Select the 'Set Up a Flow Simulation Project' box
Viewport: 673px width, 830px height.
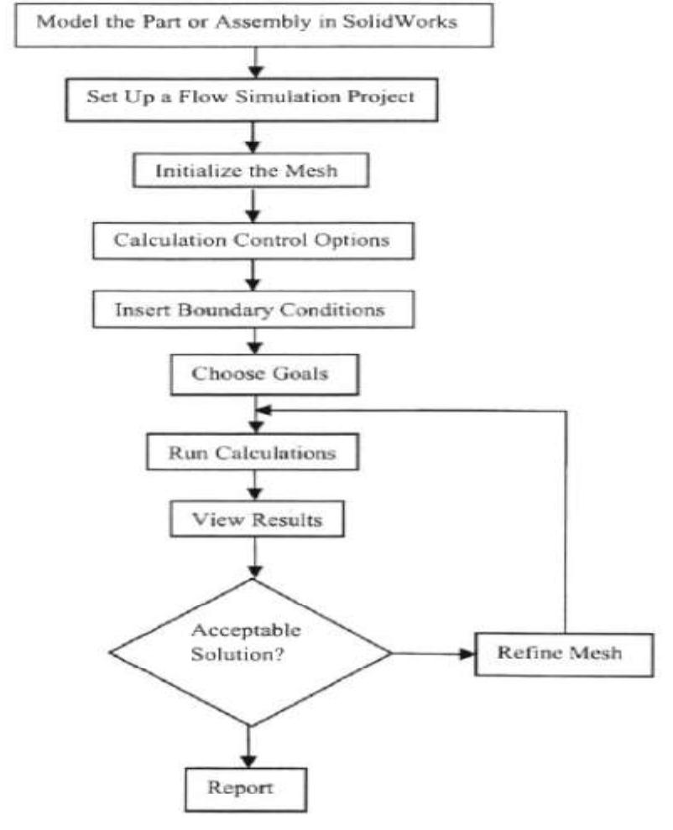[x=252, y=96]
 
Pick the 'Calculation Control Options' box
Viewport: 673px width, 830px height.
[x=252, y=239]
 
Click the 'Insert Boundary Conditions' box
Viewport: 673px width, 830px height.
[x=252, y=309]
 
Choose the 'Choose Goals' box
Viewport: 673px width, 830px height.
[x=259, y=374]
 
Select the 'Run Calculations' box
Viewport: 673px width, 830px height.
[x=252, y=454]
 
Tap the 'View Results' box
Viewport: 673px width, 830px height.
[x=256, y=520]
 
